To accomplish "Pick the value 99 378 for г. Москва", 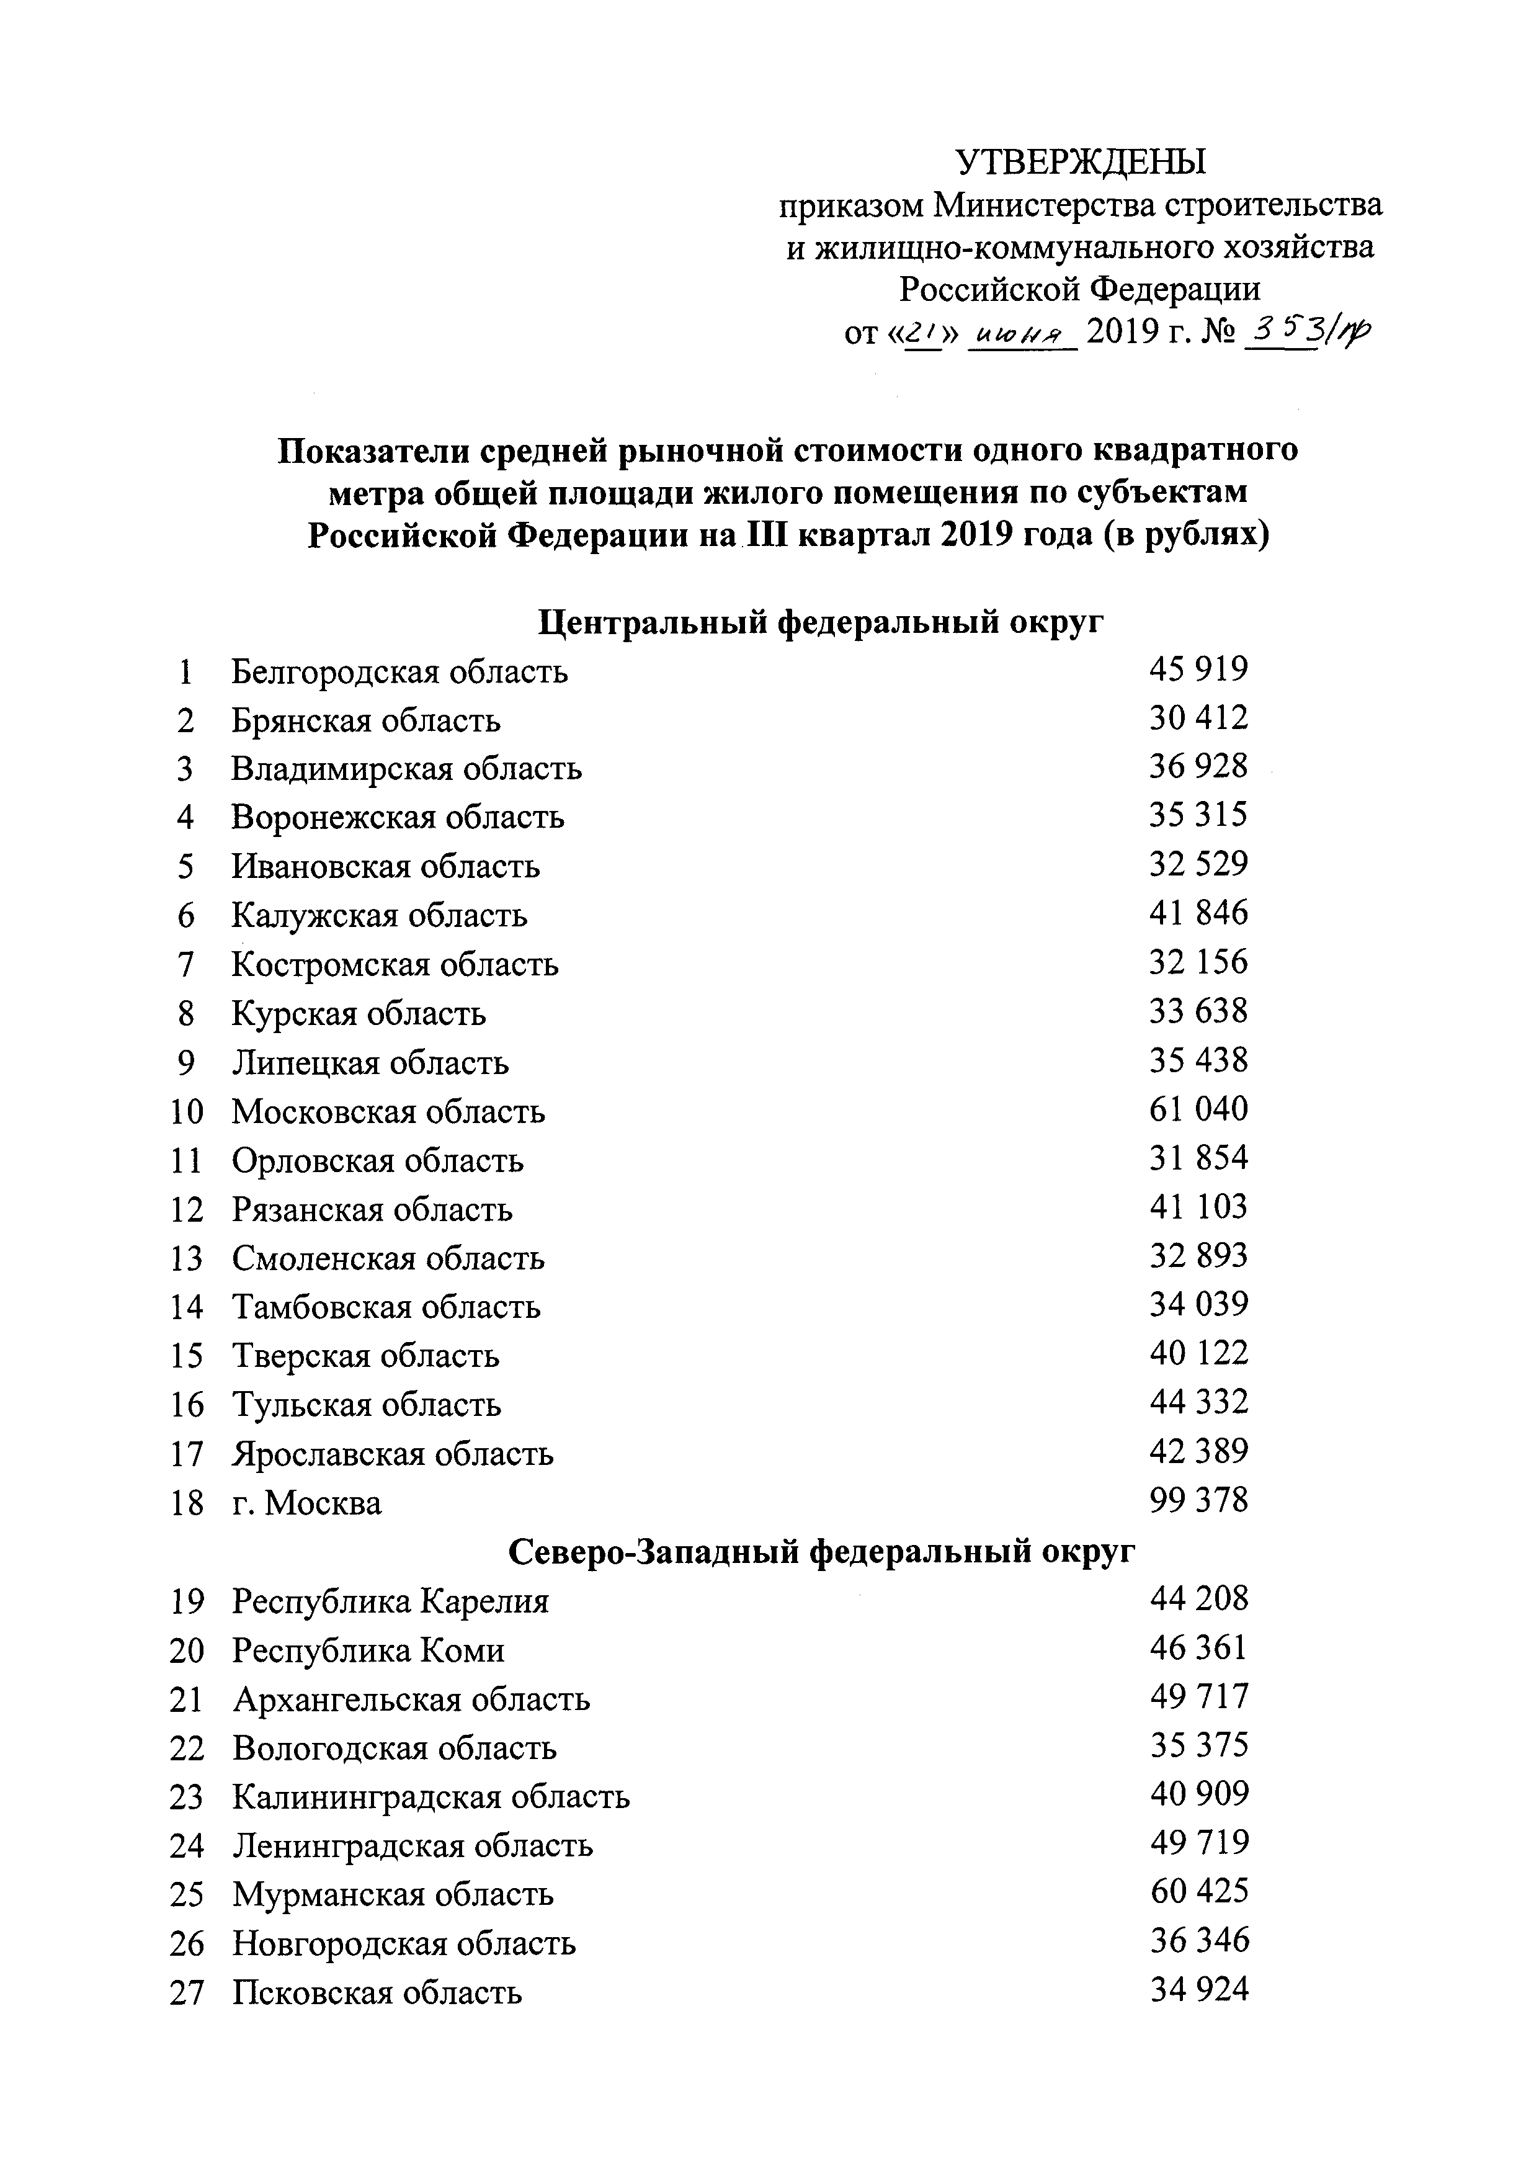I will pos(1199,1500).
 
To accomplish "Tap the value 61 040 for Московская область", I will pos(1199,1109).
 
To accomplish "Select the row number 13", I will pos(187,1258).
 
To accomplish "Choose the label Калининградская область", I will pos(431,1796).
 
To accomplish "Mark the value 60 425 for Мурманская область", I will pos(1199,1891).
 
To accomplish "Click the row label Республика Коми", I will pos(368,1651).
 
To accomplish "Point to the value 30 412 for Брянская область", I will pos(1199,717).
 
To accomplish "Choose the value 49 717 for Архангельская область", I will pos(1199,1696).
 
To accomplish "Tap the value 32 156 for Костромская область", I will pos(1199,962).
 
